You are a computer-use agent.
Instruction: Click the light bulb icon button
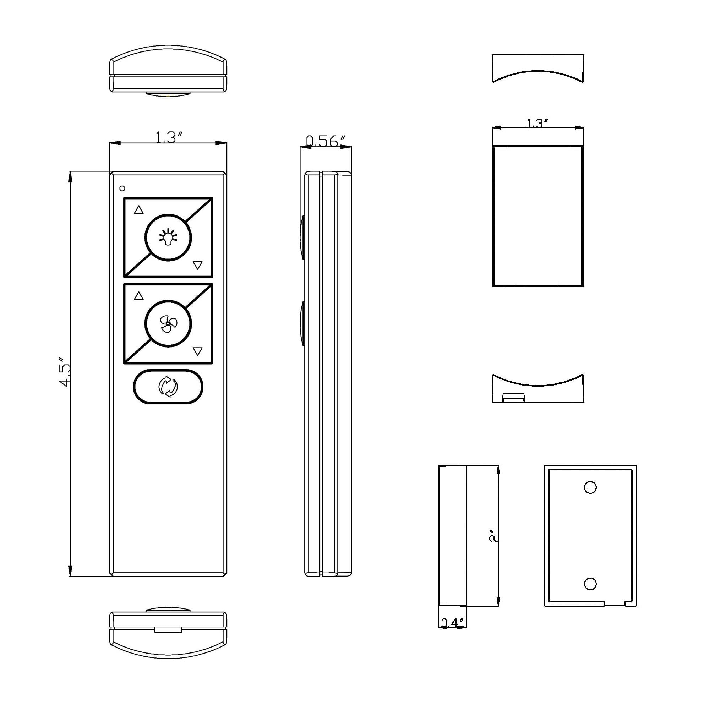tap(168, 238)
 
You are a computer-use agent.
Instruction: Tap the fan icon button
tap(168, 324)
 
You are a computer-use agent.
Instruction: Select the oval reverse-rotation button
tap(168, 387)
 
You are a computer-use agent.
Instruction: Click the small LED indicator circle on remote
tap(122, 188)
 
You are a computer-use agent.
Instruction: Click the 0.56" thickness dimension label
tap(326, 141)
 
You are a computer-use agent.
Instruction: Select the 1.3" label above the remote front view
tap(169, 137)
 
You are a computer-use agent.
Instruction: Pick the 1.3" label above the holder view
tap(537, 123)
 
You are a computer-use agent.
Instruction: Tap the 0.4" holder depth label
tap(452, 623)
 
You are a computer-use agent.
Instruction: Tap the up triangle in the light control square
tap(138, 210)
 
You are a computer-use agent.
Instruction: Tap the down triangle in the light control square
tap(197, 265)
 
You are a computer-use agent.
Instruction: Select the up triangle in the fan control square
tap(138, 296)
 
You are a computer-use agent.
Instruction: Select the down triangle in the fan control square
tap(197, 352)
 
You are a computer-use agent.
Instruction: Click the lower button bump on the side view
tap(302, 323)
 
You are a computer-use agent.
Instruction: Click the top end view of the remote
tap(168, 70)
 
